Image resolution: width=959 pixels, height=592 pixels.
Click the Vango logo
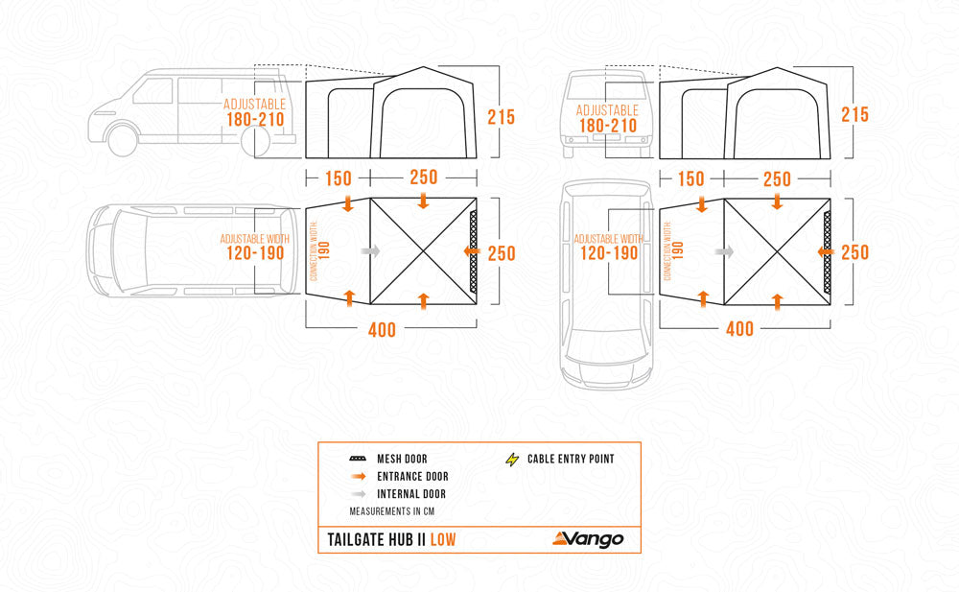point(587,538)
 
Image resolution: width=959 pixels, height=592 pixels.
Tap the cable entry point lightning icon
point(511,459)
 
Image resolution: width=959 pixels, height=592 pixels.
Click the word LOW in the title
point(443,539)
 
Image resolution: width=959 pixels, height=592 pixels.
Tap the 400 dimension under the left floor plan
point(382,330)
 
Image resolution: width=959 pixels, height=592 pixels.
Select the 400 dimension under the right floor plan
point(739,329)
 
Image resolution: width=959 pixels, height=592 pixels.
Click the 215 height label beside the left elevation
point(501,117)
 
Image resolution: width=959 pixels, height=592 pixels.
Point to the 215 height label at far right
point(854,115)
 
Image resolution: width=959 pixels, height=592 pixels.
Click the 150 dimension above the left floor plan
point(337,178)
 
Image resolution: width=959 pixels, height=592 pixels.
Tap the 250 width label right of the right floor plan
point(854,253)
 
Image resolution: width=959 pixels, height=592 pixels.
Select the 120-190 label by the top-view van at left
point(254,253)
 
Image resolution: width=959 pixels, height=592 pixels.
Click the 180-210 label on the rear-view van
point(607,126)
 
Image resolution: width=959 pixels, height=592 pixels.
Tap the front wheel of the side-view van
point(122,140)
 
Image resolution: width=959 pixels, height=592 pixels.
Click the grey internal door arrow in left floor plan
point(370,250)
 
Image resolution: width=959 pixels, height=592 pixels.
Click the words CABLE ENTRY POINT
point(571,459)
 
